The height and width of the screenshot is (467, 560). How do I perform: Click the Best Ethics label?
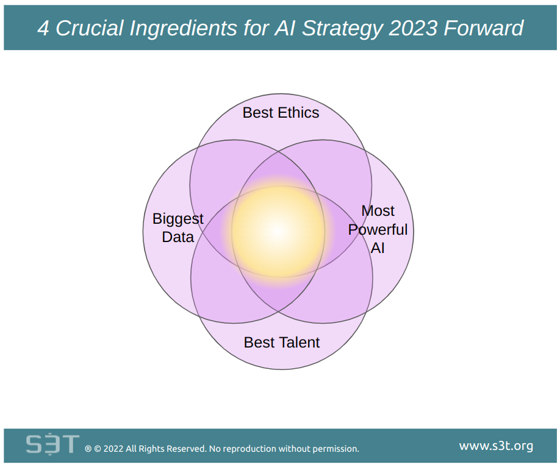(x=281, y=113)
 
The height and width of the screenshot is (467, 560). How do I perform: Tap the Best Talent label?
(x=281, y=343)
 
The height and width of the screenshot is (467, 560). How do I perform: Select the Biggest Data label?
(x=178, y=228)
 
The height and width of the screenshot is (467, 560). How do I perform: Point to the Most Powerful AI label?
(x=378, y=229)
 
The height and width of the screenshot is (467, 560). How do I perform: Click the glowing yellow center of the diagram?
(x=279, y=231)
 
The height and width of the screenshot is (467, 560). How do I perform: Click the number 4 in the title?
(x=43, y=28)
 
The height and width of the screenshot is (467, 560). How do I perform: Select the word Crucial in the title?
(x=89, y=28)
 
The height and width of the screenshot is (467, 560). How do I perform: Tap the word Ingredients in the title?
(x=183, y=29)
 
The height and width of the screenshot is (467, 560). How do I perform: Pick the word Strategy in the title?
(x=342, y=29)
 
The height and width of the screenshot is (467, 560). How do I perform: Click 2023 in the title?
(x=413, y=28)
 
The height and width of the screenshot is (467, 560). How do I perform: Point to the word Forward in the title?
(x=484, y=28)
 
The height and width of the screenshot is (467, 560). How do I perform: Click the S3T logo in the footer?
(x=52, y=444)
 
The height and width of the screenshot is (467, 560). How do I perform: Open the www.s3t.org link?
(x=496, y=446)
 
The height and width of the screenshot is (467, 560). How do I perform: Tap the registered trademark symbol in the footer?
(x=88, y=449)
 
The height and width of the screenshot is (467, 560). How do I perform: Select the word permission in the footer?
(x=336, y=449)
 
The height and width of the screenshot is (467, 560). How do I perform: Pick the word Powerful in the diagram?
(x=378, y=230)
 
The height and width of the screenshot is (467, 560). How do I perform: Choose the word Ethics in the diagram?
(x=298, y=113)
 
